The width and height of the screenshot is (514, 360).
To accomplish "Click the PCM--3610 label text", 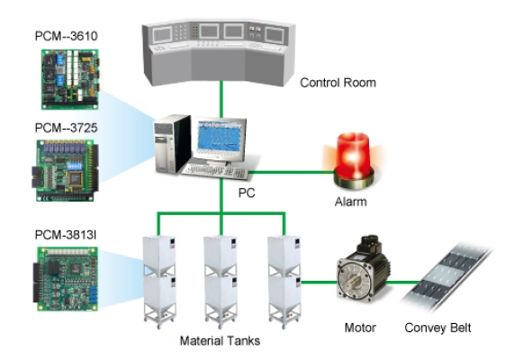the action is point(67,36).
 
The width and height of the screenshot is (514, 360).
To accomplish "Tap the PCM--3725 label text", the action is point(67,128).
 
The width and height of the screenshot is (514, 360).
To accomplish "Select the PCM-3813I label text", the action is point(66,235).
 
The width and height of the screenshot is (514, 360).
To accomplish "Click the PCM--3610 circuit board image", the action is point(70,79).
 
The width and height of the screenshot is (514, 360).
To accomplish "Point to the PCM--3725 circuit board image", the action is point(65,170).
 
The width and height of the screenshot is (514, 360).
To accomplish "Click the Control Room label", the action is point(338,83).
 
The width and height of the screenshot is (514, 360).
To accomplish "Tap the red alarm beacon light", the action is point(354,161).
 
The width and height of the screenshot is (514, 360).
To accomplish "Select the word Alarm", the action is point(350,202).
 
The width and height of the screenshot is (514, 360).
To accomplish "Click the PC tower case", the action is point(173,144).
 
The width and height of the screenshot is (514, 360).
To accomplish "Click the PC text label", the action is point(247,193).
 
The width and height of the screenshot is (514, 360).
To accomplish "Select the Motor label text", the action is point(360,328).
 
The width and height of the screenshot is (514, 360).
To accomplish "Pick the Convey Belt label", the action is point(437,328).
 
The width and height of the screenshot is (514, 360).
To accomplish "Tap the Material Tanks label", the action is point(220,341).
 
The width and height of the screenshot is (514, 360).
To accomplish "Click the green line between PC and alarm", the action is point(292,172).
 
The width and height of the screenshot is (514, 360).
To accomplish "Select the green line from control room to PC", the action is point(221,99).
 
